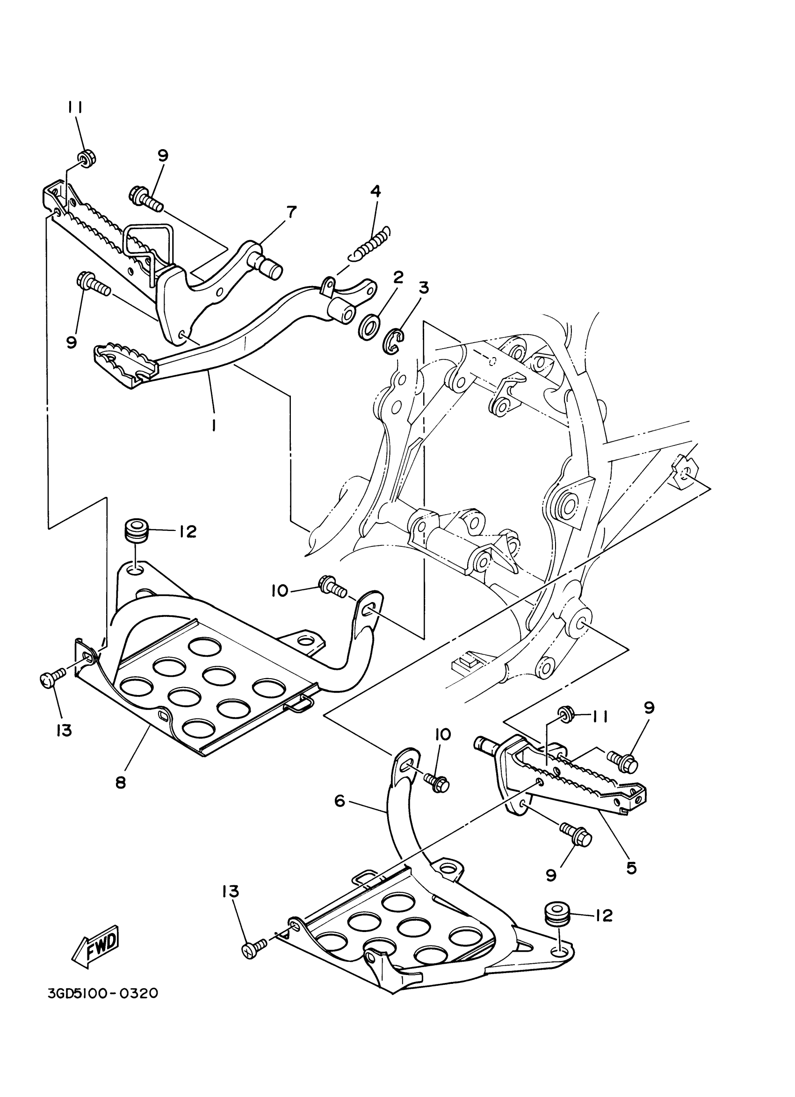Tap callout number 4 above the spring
(x=375, y=191)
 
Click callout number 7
(x=291, y=211)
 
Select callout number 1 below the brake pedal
(x=213, y=425)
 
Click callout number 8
(x=121, y=782)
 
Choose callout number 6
(x=340, y=801)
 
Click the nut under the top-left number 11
(x=87, y=158)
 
